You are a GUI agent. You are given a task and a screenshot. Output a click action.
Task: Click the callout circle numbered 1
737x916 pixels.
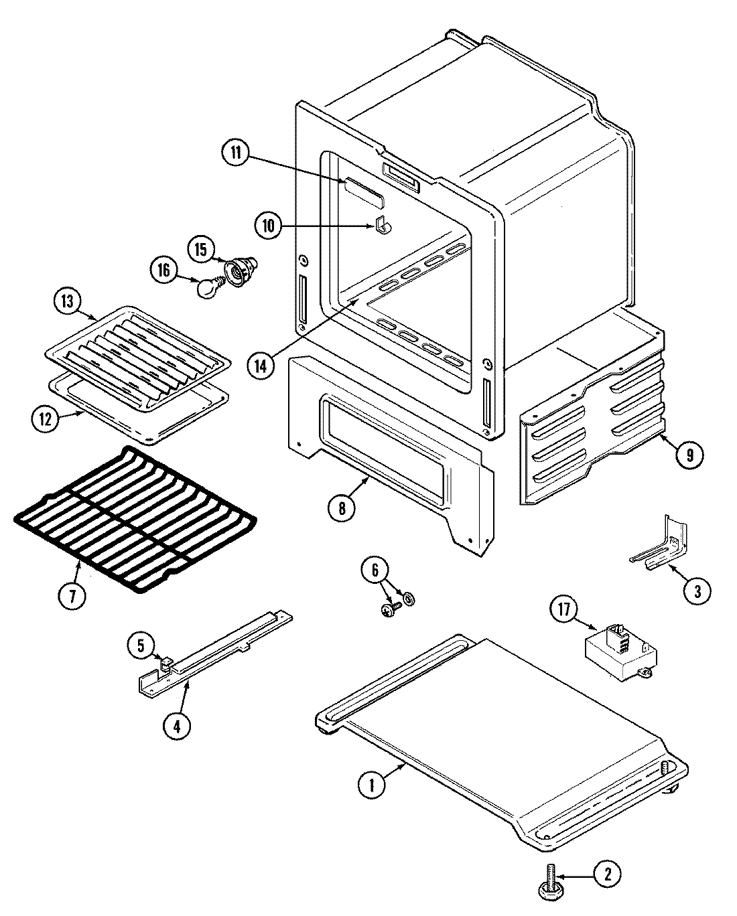pos(371,785)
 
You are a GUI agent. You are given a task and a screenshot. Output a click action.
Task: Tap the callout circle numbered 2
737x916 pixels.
pos(606,874)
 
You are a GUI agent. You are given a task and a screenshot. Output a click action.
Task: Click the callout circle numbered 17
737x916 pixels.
pos(563,610)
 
